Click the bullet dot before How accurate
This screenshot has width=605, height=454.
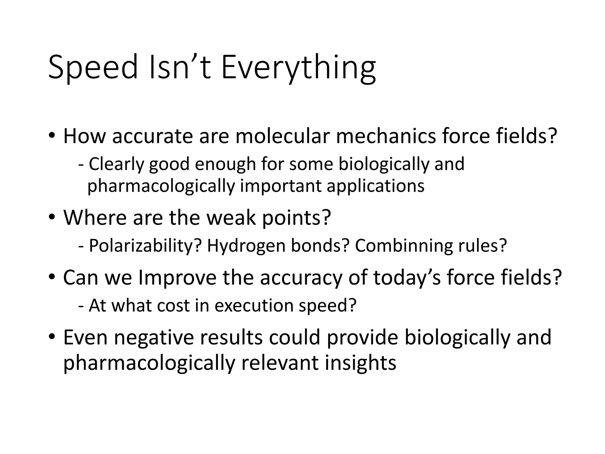pyautogui.click(x=52, y=136)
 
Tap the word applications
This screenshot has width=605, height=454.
pyautogui.click(x=375, y=186)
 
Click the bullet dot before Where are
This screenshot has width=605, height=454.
pyautogui.click(x=52, y=218)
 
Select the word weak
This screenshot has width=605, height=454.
pyautogui.click(x=231, y=218)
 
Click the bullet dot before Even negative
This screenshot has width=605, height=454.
pyautogui.click(x=52, y=338)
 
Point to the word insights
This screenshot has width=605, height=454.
pyautogui.click(x=360, y=363)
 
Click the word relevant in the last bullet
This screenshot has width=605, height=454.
pyautogui.click(x=280, y=363)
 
